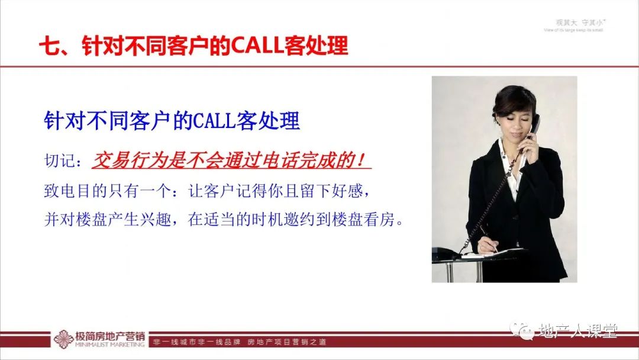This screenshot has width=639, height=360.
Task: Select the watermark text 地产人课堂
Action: click(577, 331)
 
